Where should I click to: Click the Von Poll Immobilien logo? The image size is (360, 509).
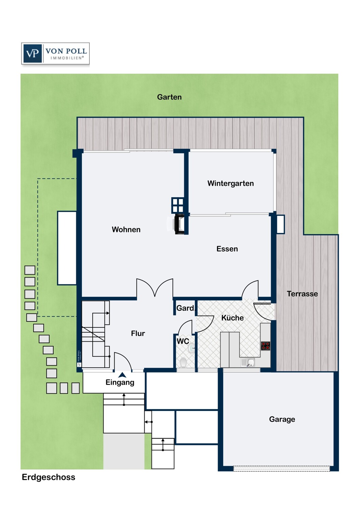click(x=55, y=53)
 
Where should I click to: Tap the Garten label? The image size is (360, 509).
click(x=169, y=97)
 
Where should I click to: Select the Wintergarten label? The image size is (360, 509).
click(x=231, y=183)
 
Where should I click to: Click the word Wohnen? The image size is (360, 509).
click(x=126, y=229)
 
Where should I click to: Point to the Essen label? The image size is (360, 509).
click(x=227, y=249)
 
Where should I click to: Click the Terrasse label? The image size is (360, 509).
click(x=302, y=294)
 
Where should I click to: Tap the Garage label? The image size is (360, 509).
click(x=282, y=419)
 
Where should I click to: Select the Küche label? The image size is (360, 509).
click(x=232, y=318)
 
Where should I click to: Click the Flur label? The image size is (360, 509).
click(x=138, y=333)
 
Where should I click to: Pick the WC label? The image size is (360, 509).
click(x=183, y=341)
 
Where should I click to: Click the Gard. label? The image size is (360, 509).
click(x=186, y=308)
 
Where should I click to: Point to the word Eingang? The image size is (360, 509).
click(x=120, y=382)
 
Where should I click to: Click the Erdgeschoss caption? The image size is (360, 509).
click(x=49, y=477)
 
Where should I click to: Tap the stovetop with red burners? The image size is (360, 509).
click(x=265, y=346)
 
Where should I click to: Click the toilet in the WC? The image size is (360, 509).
click(x=183, y=363)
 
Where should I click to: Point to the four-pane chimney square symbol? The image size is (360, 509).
click(x=177, y=205)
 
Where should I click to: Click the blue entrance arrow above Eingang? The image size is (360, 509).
click(x=122, y=375)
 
